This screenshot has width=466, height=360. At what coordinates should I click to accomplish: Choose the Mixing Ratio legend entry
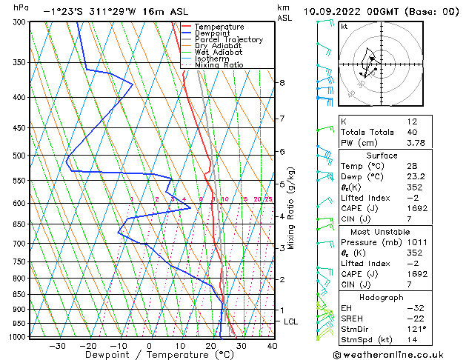pyautogui.click(x=219, y=65)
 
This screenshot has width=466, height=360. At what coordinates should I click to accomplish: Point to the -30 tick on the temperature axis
pyautogui.click(x=57, y=346)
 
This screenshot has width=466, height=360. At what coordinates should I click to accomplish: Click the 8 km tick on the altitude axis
pyautogui.click(x=282, y=83)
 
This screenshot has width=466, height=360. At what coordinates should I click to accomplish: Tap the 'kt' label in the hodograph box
pyautogui.click(x=344, y=27)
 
